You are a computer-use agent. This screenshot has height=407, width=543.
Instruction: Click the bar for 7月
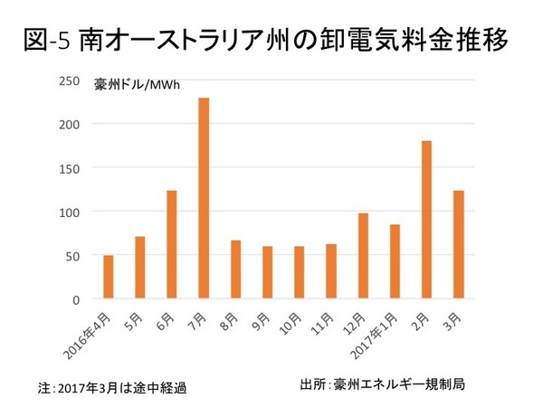(204, 198)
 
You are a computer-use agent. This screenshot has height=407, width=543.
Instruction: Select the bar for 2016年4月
(109, 277)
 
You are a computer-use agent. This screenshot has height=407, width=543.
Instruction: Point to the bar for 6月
(172, 244)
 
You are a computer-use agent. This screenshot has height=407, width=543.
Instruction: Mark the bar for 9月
(267, 272)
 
